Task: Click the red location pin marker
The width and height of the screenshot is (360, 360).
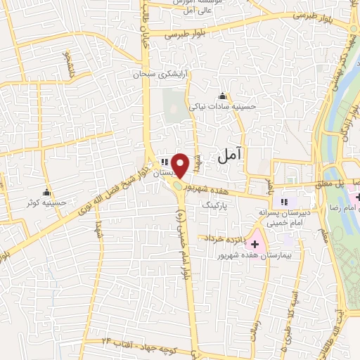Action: click(181, 165)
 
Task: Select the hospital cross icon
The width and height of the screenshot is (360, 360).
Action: click(255, 243)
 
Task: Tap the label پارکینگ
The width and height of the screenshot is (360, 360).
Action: click(216, 208)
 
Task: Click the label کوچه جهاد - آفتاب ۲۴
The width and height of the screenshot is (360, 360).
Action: click(138, 340)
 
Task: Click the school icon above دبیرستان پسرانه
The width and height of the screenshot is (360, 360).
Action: click(284, 200)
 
